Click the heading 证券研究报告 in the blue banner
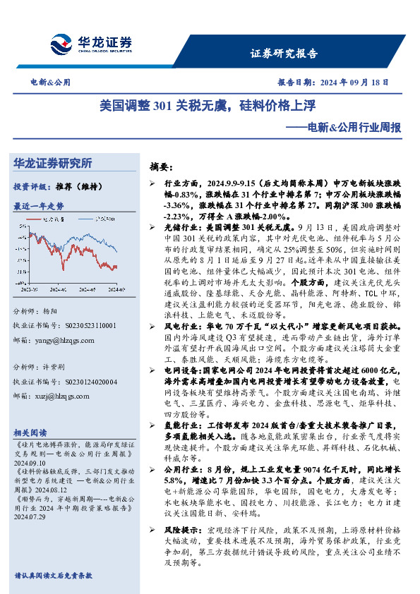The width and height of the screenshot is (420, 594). [284, 54]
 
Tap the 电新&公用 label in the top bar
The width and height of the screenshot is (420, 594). [50, 82]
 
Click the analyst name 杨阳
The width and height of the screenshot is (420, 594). [52, 311]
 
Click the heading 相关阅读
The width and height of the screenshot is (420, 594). [30, 433]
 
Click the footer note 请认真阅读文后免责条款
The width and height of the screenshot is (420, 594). [53, 576]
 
